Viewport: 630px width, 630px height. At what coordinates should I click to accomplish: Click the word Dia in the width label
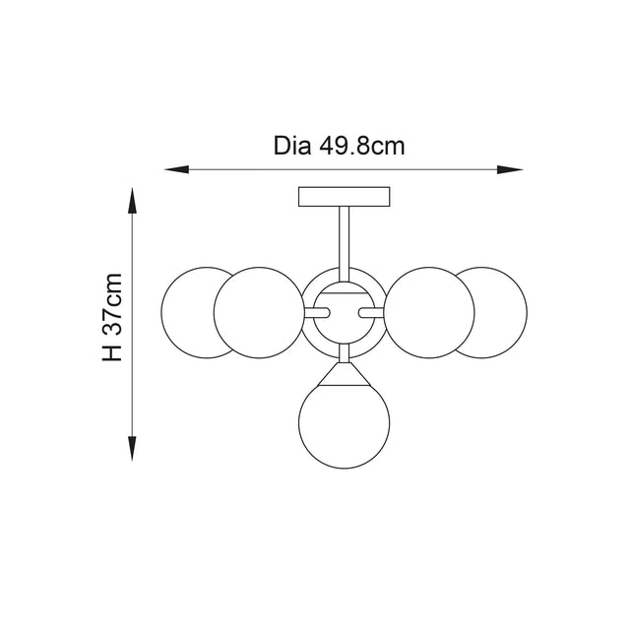pos(293,147)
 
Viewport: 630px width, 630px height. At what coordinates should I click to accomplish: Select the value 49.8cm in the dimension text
pos(362,147)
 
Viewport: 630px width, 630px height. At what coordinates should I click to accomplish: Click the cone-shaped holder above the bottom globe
pos(344,371)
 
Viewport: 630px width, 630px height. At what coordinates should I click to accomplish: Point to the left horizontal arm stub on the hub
pos(318,313)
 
